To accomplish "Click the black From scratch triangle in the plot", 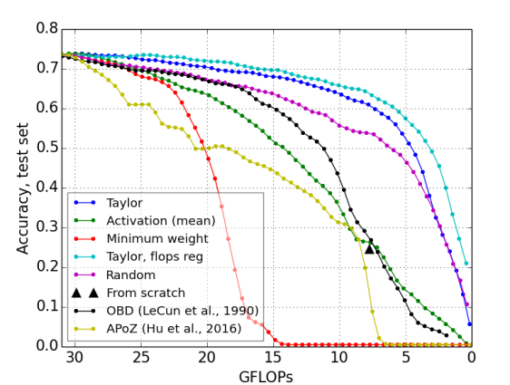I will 369,247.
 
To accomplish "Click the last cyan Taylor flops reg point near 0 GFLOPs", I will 466,264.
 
